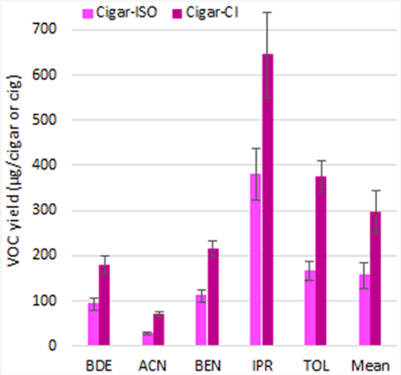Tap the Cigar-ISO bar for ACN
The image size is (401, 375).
pyautogui.click(x=147, y=339)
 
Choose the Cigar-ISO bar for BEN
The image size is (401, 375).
pyautogui.click(x=201, y=320)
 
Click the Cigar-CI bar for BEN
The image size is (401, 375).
pyautogui.click(x=213, y=297)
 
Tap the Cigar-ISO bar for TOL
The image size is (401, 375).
pyautogui.click(x=310, y=308)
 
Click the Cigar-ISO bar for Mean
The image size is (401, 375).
pyautogui.click(x=364, y=310)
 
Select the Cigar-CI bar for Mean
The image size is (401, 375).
pyautogui.click(x=375, y=278)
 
